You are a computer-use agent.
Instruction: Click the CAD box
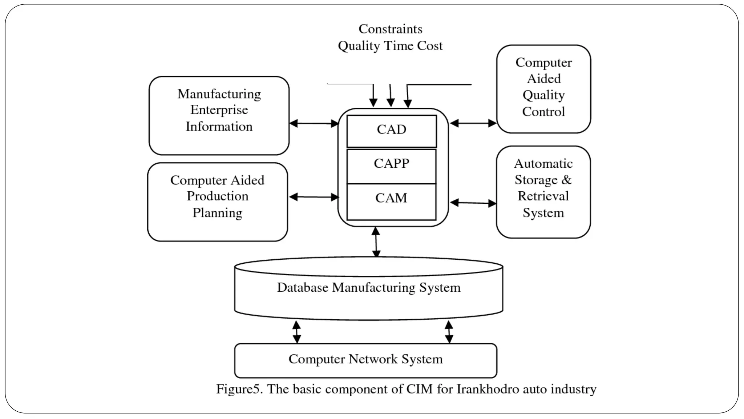click(x=391, y=131)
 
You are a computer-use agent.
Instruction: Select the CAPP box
click(x=391, y=165)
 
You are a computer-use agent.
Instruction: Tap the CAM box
click(x=391, y=201)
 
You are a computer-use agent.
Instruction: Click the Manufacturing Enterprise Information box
click(x=219, y=115)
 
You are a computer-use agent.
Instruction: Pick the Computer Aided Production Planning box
click(x=218, y=201)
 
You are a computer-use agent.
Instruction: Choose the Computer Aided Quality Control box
click(x=543, y=89)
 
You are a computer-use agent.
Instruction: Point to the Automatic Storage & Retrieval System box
click(x=543, y=192)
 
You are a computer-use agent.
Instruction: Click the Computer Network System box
click(x=365, y=360)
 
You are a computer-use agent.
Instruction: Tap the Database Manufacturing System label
click(x=368, y=288)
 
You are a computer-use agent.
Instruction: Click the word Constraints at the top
click(x=390, y=29)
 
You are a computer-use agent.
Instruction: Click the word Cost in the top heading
click(x=430, y=46)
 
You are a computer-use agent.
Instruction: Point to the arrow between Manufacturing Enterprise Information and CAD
click(x=314, y=124)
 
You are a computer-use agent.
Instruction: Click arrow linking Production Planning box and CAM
click(x=314, y=197)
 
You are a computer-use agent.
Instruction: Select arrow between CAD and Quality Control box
click(x=473, y=123)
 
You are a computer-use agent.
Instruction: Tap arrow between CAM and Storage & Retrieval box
click(x=473, y=203)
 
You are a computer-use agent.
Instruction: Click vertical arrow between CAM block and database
click(x=376, y=242)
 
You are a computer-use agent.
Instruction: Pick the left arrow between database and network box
click(x=297, y=332)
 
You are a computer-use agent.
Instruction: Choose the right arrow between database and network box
click(x=449, y=332)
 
